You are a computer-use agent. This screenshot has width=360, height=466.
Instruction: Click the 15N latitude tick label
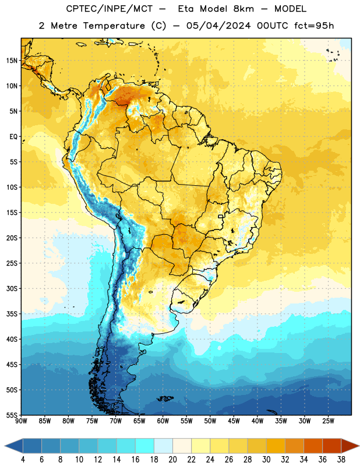[x=12, y=61]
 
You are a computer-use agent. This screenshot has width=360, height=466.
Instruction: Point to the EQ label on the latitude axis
[x=13, y=137]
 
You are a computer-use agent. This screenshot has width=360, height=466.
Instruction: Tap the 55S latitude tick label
[x=12, y=415]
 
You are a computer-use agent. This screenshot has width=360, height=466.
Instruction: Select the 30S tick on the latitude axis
[x=12, y=288]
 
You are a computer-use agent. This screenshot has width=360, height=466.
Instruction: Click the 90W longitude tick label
[x=21, y=421]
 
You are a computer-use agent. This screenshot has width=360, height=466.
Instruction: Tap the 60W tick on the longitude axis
[x=163, y=421]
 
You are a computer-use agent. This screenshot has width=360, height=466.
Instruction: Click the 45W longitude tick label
[x=234, y=421]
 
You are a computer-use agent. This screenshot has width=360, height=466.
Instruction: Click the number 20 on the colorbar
[x=172, y=460]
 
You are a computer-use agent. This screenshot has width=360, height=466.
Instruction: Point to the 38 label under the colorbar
[x=341, y=460]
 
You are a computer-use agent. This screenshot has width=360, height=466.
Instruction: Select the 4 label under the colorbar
[x=23, y=460]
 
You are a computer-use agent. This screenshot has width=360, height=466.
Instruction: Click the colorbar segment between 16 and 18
[x=144, y=446]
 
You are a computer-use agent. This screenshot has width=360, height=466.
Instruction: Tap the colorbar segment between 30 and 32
[x=276, y=446]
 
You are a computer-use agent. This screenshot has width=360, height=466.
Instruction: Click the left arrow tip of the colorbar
[x=5, y=446]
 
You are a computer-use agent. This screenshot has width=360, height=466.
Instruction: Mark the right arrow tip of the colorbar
[x=359, y=446]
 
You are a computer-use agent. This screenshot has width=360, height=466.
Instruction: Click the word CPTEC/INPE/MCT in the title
[x=109, y=9]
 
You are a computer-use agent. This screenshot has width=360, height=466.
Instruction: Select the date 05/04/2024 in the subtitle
[x=218, y=26]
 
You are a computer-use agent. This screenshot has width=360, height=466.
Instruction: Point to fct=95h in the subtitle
[x=314, y=26]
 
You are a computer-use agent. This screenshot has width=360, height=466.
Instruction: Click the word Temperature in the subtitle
[x=114, y=26]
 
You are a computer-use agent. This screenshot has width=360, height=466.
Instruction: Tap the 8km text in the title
[x=243, y=9]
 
